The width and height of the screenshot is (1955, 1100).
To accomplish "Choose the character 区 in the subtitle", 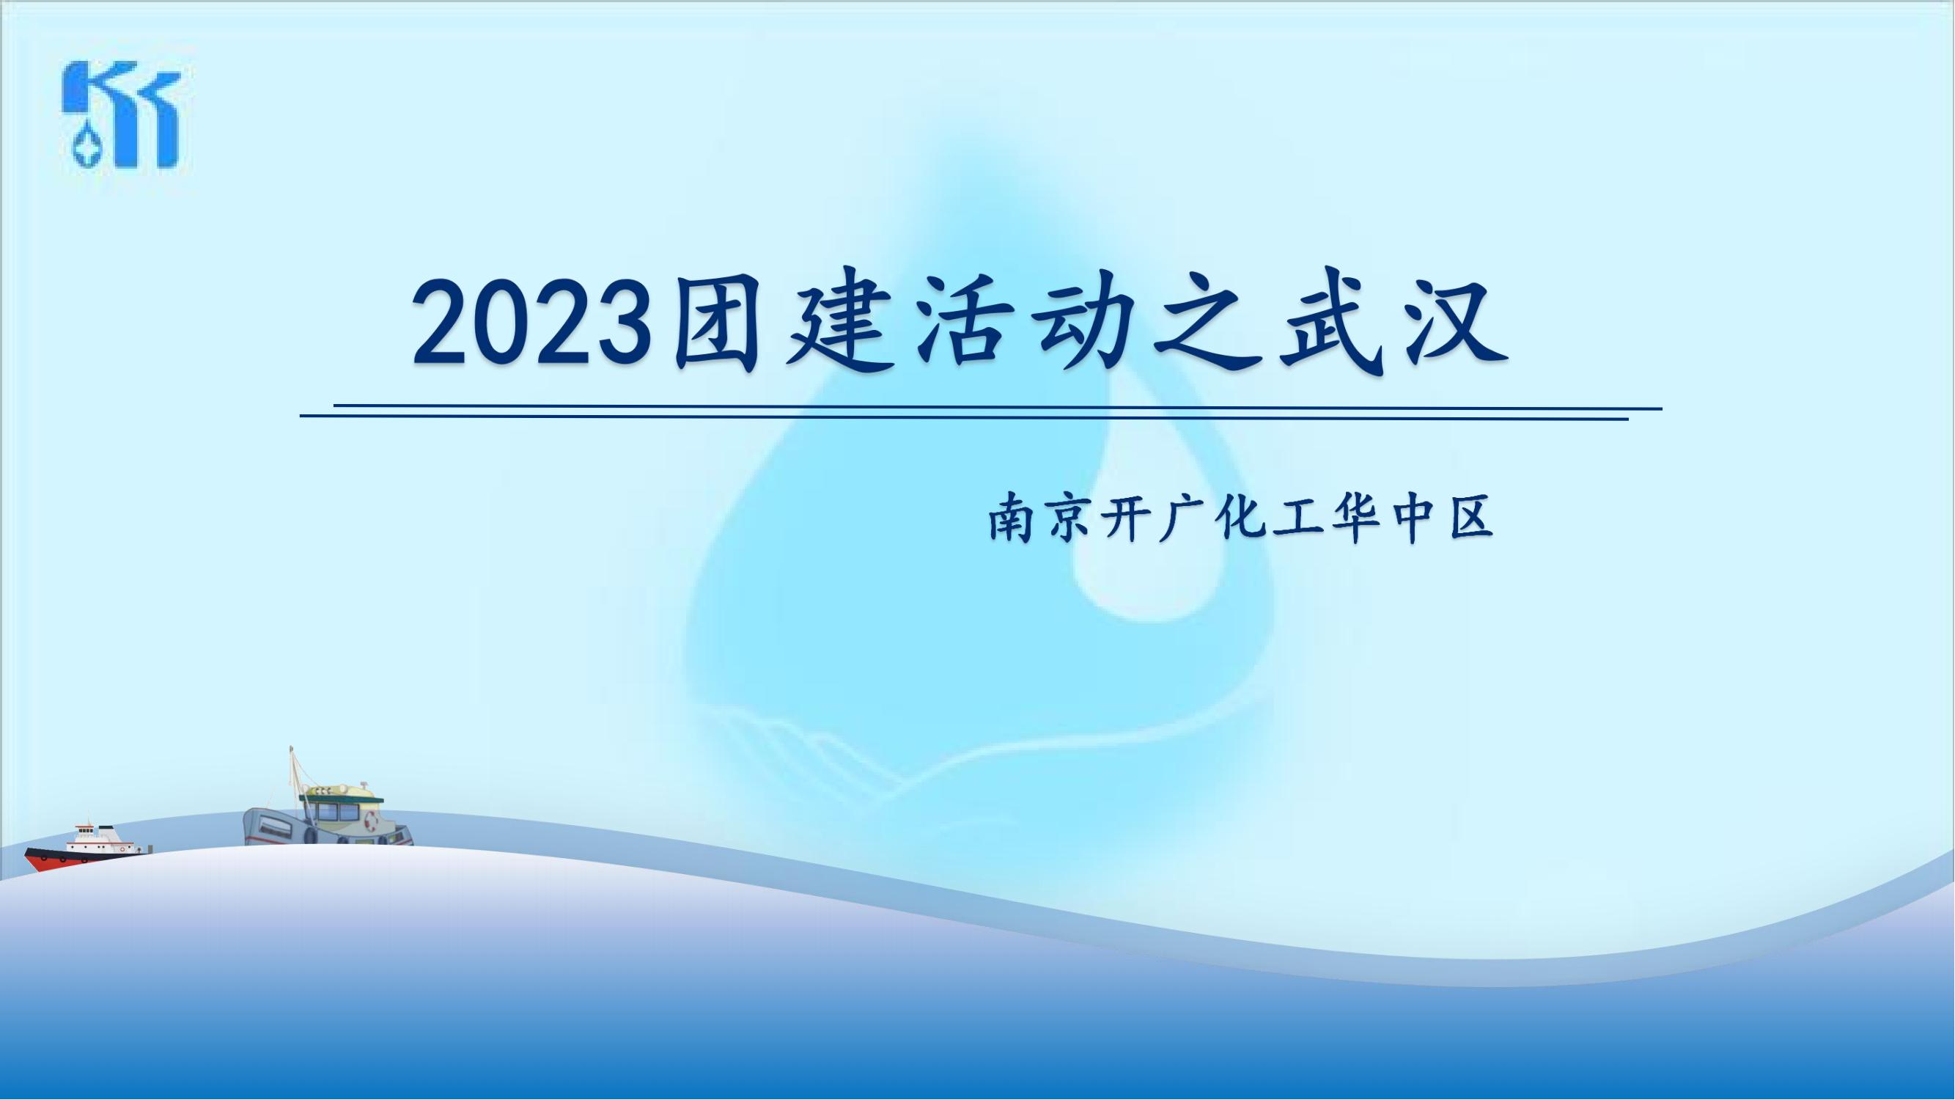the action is pos(1471,518).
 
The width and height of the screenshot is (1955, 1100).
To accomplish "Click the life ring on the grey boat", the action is pos(371,820).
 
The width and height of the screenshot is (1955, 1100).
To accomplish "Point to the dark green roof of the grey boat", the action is pos(342,796).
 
